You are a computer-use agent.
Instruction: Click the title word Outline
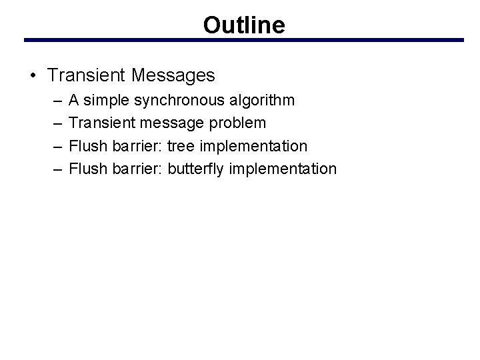click(244, 25)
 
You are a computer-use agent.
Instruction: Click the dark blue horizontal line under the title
click(244, 40)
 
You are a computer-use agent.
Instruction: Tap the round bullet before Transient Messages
click(33, 76)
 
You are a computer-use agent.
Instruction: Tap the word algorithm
click(261, 100)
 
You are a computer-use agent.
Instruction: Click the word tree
click(181, 145)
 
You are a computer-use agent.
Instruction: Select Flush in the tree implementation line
click(86, 145)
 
